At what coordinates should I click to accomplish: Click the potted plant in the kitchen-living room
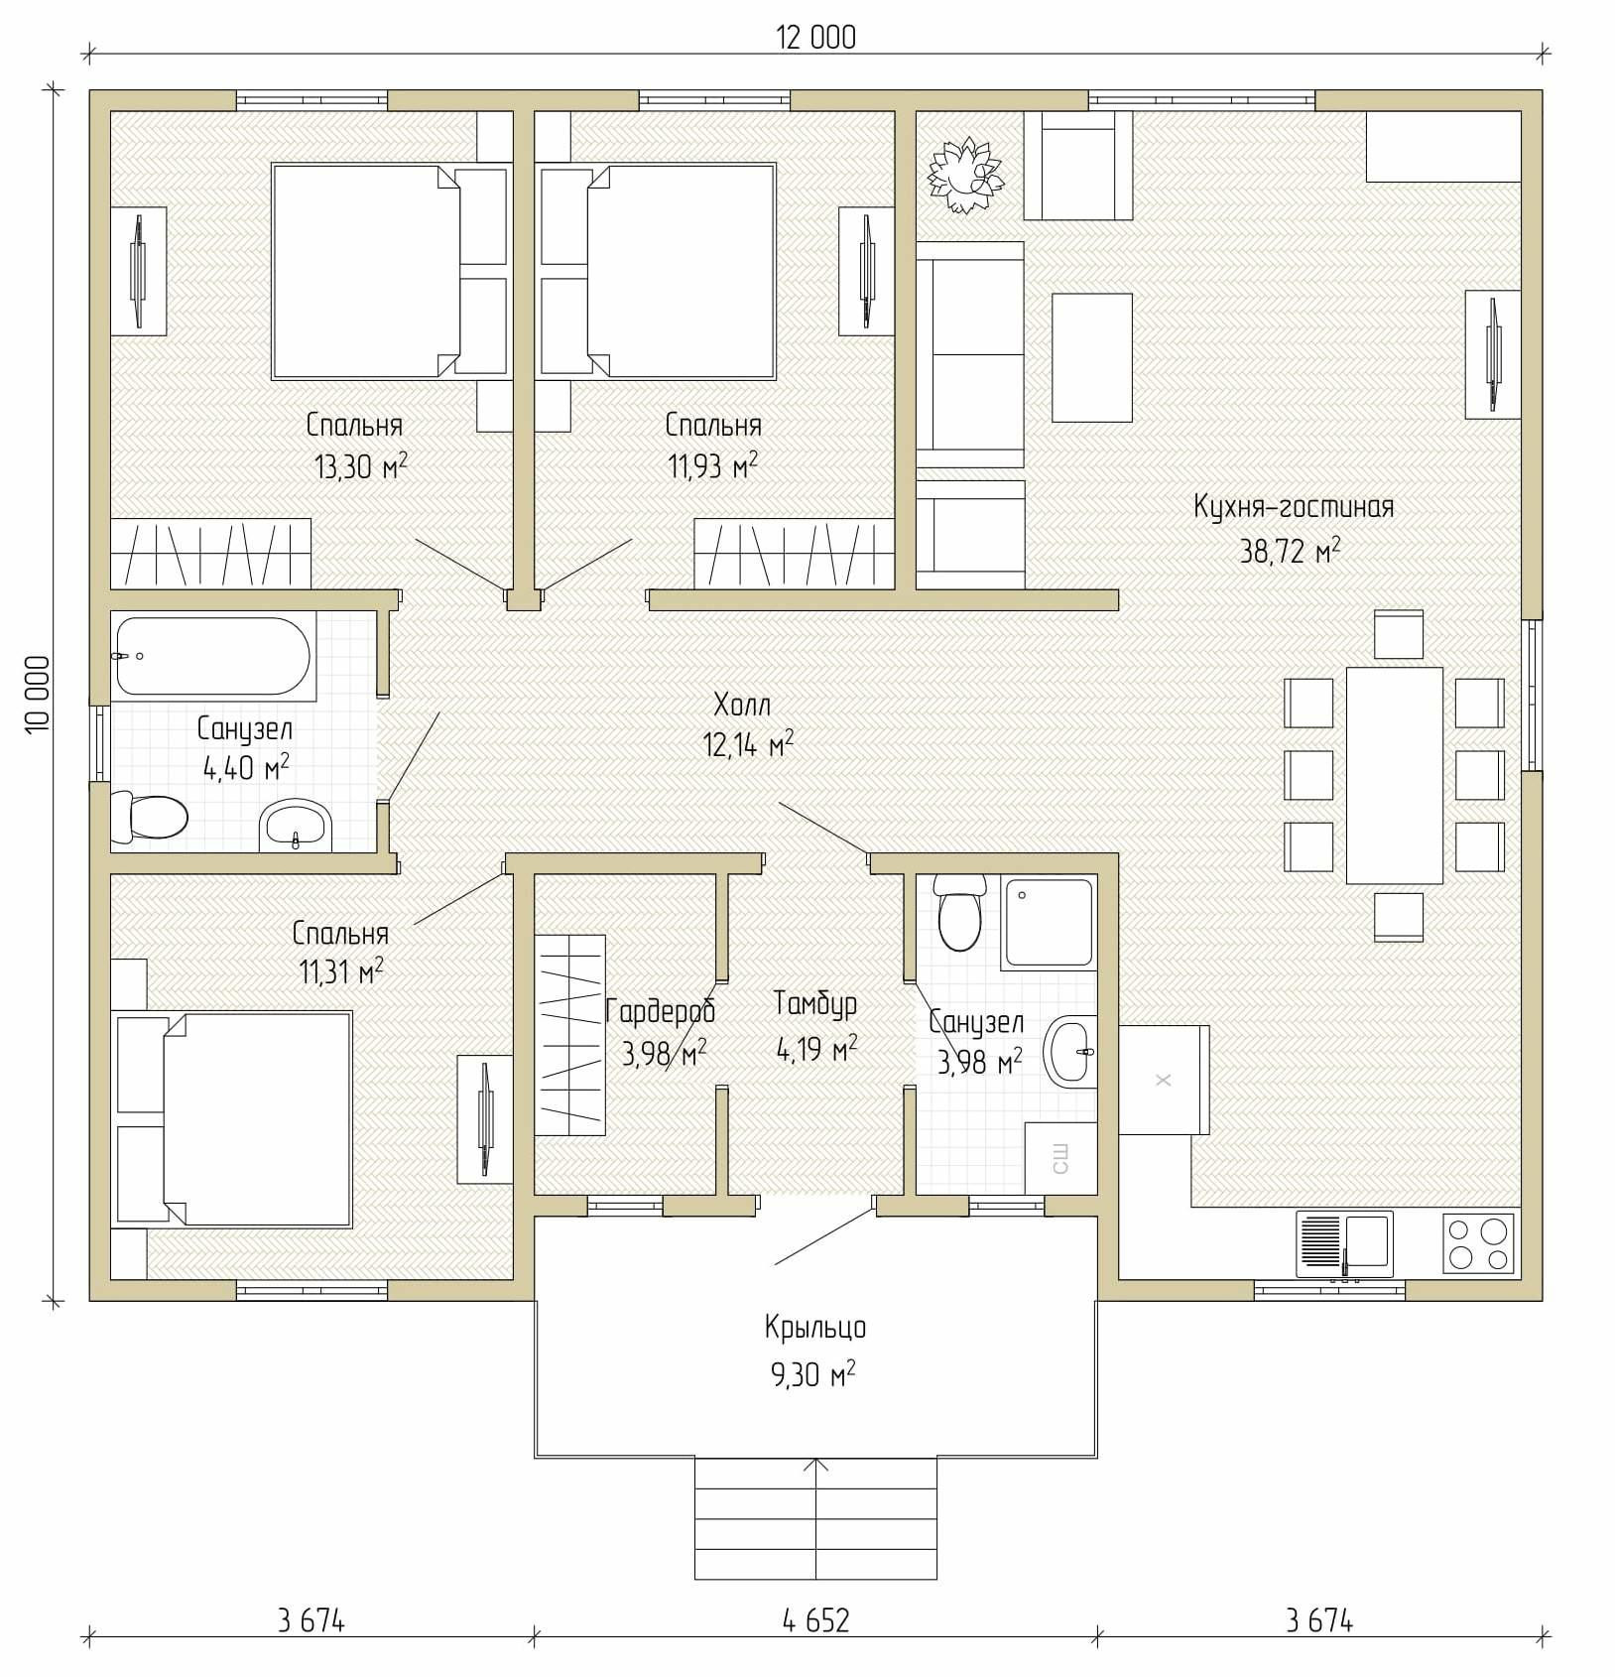point(965,177)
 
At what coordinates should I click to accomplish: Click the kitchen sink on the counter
point(1344,1244)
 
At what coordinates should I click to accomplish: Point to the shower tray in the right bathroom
point(1049,923)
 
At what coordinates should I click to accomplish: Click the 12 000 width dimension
point(815,38)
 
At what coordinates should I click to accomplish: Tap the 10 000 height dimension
point(38,695)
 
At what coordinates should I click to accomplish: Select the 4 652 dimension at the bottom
point(815,1620)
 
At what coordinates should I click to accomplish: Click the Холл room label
point(742,705)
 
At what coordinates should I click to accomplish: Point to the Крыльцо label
point(815,1328)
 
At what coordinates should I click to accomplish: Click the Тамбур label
point(815,1003)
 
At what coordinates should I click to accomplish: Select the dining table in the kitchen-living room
point(1394,775)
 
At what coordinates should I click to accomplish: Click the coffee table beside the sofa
point(1091,357)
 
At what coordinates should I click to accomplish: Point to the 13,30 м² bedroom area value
point(361,465)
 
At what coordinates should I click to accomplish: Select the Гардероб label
point(660,1011)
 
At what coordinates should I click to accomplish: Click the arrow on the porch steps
point(815,1518)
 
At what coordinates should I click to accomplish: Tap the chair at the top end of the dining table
point(1399,634)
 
